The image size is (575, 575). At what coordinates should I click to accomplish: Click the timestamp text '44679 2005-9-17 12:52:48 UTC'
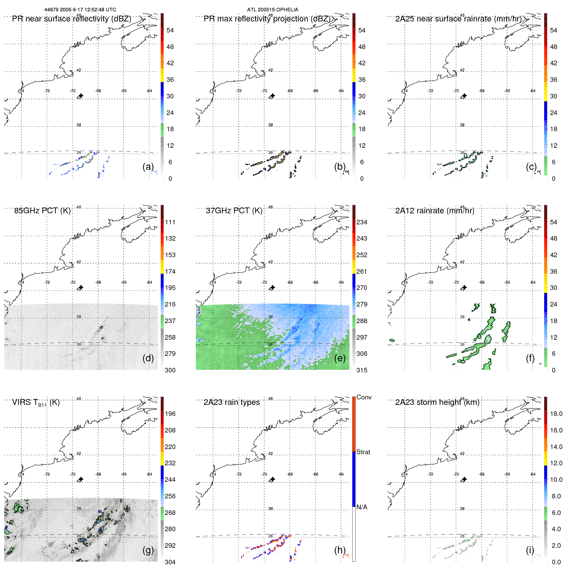point(80,10)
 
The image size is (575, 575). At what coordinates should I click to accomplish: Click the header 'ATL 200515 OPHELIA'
point(272,10)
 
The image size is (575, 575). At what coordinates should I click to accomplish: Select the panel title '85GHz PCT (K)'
point(42,211)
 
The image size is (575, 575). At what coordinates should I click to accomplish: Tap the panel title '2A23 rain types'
point(231,402)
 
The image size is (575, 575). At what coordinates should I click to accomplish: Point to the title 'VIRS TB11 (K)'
point(36,403)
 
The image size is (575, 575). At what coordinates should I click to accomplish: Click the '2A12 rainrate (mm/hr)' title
point(434,211)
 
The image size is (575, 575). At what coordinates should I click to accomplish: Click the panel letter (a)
point(148,167)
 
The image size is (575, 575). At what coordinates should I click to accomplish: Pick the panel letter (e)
point(340,358)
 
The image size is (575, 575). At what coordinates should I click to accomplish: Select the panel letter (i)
point(530,550)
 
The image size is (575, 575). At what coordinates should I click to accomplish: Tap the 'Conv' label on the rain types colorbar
point(364,397)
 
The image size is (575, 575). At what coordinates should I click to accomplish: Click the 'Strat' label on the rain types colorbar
point(363,452)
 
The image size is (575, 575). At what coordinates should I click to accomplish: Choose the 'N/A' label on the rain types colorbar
point(362,507)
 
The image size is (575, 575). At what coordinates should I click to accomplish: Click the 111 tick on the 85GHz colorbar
point(170,222)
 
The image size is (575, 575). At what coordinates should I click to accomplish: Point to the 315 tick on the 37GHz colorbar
point(362,370)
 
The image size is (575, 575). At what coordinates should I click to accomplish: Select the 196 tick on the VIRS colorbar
point(170,414)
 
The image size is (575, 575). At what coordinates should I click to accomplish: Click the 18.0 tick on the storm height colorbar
point(556,414)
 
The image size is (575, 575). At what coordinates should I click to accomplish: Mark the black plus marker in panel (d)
point(81,287)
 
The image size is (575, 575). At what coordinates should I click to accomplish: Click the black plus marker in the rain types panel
point(273,479)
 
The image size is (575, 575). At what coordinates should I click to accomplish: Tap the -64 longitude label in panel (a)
point(149,91)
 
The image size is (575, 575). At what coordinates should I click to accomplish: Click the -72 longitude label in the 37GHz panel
point(239,282)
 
